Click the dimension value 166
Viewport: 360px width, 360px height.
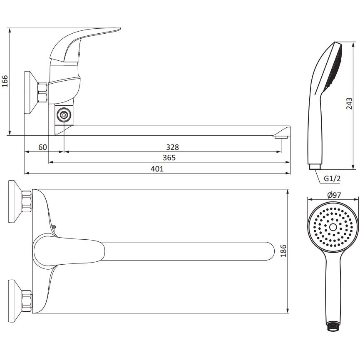5,81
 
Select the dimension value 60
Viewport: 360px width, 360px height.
42,147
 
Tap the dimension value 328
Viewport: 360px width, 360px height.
172,147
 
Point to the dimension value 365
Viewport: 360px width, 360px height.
169,158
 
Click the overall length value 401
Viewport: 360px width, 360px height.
157,169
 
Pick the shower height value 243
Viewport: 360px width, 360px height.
349,104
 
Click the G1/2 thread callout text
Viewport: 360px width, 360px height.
332,179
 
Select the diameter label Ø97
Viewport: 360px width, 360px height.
334,195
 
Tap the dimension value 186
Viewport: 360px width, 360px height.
284,251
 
